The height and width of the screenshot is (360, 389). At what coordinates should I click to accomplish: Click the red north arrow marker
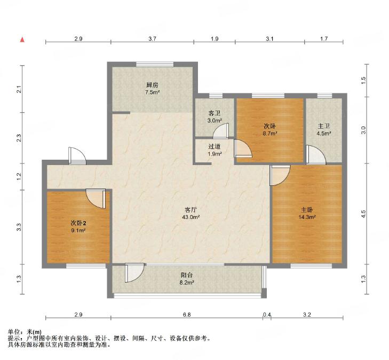(22, 40)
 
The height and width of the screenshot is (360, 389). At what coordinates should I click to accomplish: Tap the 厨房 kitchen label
(152, 85)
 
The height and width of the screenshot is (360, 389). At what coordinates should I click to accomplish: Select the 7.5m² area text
(152, 92)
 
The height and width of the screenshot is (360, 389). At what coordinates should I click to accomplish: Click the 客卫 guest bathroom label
(215, 113)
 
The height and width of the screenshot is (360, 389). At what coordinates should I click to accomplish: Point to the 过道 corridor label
(215, 146)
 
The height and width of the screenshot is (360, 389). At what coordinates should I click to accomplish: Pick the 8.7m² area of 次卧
(270, 134)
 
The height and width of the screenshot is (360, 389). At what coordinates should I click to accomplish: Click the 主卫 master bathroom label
(324, 126)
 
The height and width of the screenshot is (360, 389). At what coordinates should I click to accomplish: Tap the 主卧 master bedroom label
(307, 210)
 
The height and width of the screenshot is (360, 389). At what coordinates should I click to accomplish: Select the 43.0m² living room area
(191, 217)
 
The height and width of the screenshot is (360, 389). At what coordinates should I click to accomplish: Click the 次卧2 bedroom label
(78, 223)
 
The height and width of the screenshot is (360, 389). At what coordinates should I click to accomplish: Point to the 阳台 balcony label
(187, 275)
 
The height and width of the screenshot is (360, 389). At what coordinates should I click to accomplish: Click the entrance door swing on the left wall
(77, 155)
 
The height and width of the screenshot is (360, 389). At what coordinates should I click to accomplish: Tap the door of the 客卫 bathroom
(220, 130)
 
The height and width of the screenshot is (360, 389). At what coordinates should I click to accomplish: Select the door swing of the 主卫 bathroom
(315, 155)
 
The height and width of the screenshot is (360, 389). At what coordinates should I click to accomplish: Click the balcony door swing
(134, 272)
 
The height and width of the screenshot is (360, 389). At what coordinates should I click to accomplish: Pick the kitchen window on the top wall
(155, 64)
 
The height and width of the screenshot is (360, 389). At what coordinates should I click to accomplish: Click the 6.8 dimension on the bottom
(187, 315)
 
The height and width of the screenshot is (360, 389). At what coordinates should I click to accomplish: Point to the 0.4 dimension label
(267, 315)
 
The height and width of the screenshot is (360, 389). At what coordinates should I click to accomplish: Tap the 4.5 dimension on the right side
(363, 214)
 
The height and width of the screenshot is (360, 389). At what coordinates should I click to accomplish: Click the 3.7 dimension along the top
(152, 39)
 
